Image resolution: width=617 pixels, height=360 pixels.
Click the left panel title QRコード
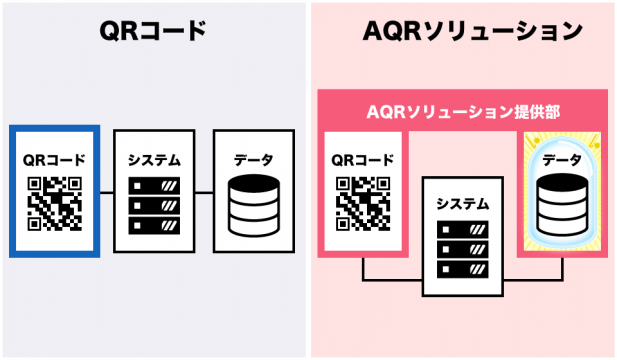click(153, 31)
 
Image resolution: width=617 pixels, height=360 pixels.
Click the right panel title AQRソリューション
click(472, 31)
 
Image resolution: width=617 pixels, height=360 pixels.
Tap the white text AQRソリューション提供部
click(463, 112)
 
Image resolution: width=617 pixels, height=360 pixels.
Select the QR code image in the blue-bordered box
click(55, 204)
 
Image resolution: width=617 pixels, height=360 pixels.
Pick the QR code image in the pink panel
click(363, 204)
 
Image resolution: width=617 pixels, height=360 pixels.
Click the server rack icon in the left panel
click(154, 205)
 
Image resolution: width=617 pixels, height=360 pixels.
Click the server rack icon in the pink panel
click(463, 249)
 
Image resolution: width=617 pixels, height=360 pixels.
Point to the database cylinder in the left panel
click(254, 205)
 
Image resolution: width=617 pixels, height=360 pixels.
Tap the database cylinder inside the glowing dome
click(563, 205)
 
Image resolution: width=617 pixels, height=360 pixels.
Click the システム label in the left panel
click(154, 161)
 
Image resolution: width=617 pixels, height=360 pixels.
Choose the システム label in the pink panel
click(463, 204)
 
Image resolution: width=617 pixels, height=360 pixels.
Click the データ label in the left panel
click(254, 160)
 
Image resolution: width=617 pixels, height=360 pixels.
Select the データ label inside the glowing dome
click(562, 160)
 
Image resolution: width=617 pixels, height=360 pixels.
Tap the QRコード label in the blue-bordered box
click(54, 160)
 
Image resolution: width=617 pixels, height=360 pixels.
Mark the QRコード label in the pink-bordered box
click(363, 160)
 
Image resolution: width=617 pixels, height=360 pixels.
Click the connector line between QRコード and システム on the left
click(107, 193)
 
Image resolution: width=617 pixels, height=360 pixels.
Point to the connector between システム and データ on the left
click(204, 193)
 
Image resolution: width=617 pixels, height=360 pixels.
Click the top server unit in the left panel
click(154, 186)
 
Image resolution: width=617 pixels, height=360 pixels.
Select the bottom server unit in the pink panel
click(463, 270)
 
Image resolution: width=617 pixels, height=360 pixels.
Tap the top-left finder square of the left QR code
click(35, 184)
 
